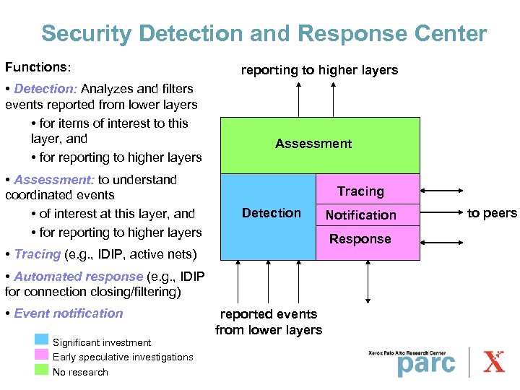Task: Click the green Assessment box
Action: [x=313, y=144]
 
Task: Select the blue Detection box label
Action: [x=272, y=213]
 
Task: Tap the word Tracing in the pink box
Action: [x=360, y=191]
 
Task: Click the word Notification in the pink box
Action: [x=360, y=215]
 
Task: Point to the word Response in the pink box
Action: [x=360, y=239]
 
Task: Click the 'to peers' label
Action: [x=492, y=213]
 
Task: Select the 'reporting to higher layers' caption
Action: [x=318, y=70]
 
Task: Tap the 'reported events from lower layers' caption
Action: [x=269, y=322]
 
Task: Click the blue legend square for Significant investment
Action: [x=42, y=341]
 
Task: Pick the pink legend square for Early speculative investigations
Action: [x=42, y=355]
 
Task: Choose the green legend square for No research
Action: [x=42, y=370]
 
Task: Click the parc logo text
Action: [x=426, y=363]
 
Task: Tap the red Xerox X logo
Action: [x=494, y=362]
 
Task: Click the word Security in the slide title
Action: [x=85, y=33]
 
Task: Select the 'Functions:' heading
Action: [x=38, y=67]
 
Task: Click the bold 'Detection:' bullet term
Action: [x=45, y=89]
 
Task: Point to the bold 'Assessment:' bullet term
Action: [x=54, y=180]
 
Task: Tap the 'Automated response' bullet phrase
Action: [x=78, y=277]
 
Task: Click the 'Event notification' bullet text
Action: [x=69, y=313]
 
